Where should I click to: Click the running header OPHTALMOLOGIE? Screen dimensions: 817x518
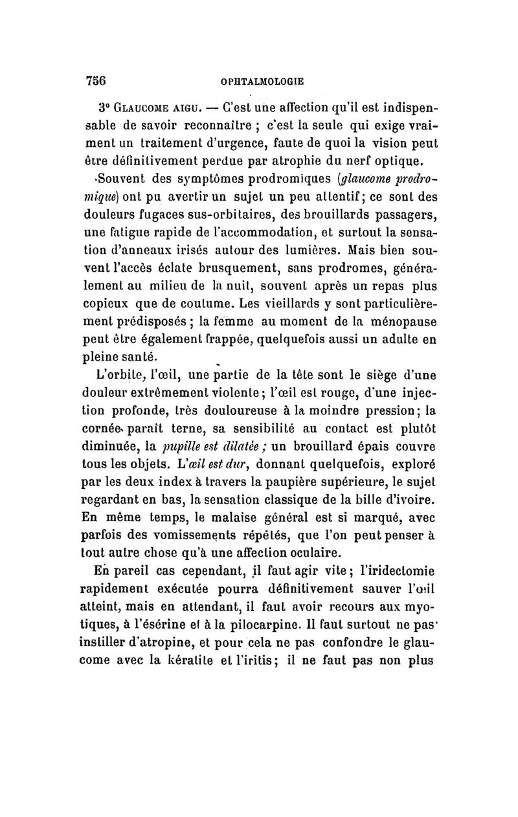[262, 82]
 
